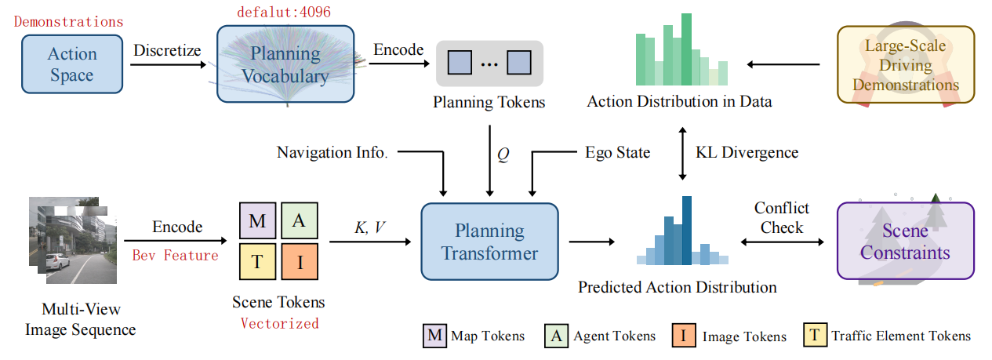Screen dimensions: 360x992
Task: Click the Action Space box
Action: pos(71,65)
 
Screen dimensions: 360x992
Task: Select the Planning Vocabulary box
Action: pos(285,66)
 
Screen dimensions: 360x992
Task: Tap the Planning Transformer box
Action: pos(489,242)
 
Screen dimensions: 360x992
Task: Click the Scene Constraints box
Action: pos(905,241)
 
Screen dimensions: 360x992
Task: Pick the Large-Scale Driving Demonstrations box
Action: pos(905,65)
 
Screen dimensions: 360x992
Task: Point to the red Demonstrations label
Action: pos(68,21)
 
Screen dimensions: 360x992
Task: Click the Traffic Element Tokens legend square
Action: pos(816,336)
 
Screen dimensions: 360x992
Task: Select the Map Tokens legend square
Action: pos(434,336)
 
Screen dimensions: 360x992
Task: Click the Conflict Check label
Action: pos(781,218)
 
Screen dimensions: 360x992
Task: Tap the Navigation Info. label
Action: pos(332,152)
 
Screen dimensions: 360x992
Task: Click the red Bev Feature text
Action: pos(175,255)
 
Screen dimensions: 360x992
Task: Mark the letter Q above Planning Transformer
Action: pos(503,155)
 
